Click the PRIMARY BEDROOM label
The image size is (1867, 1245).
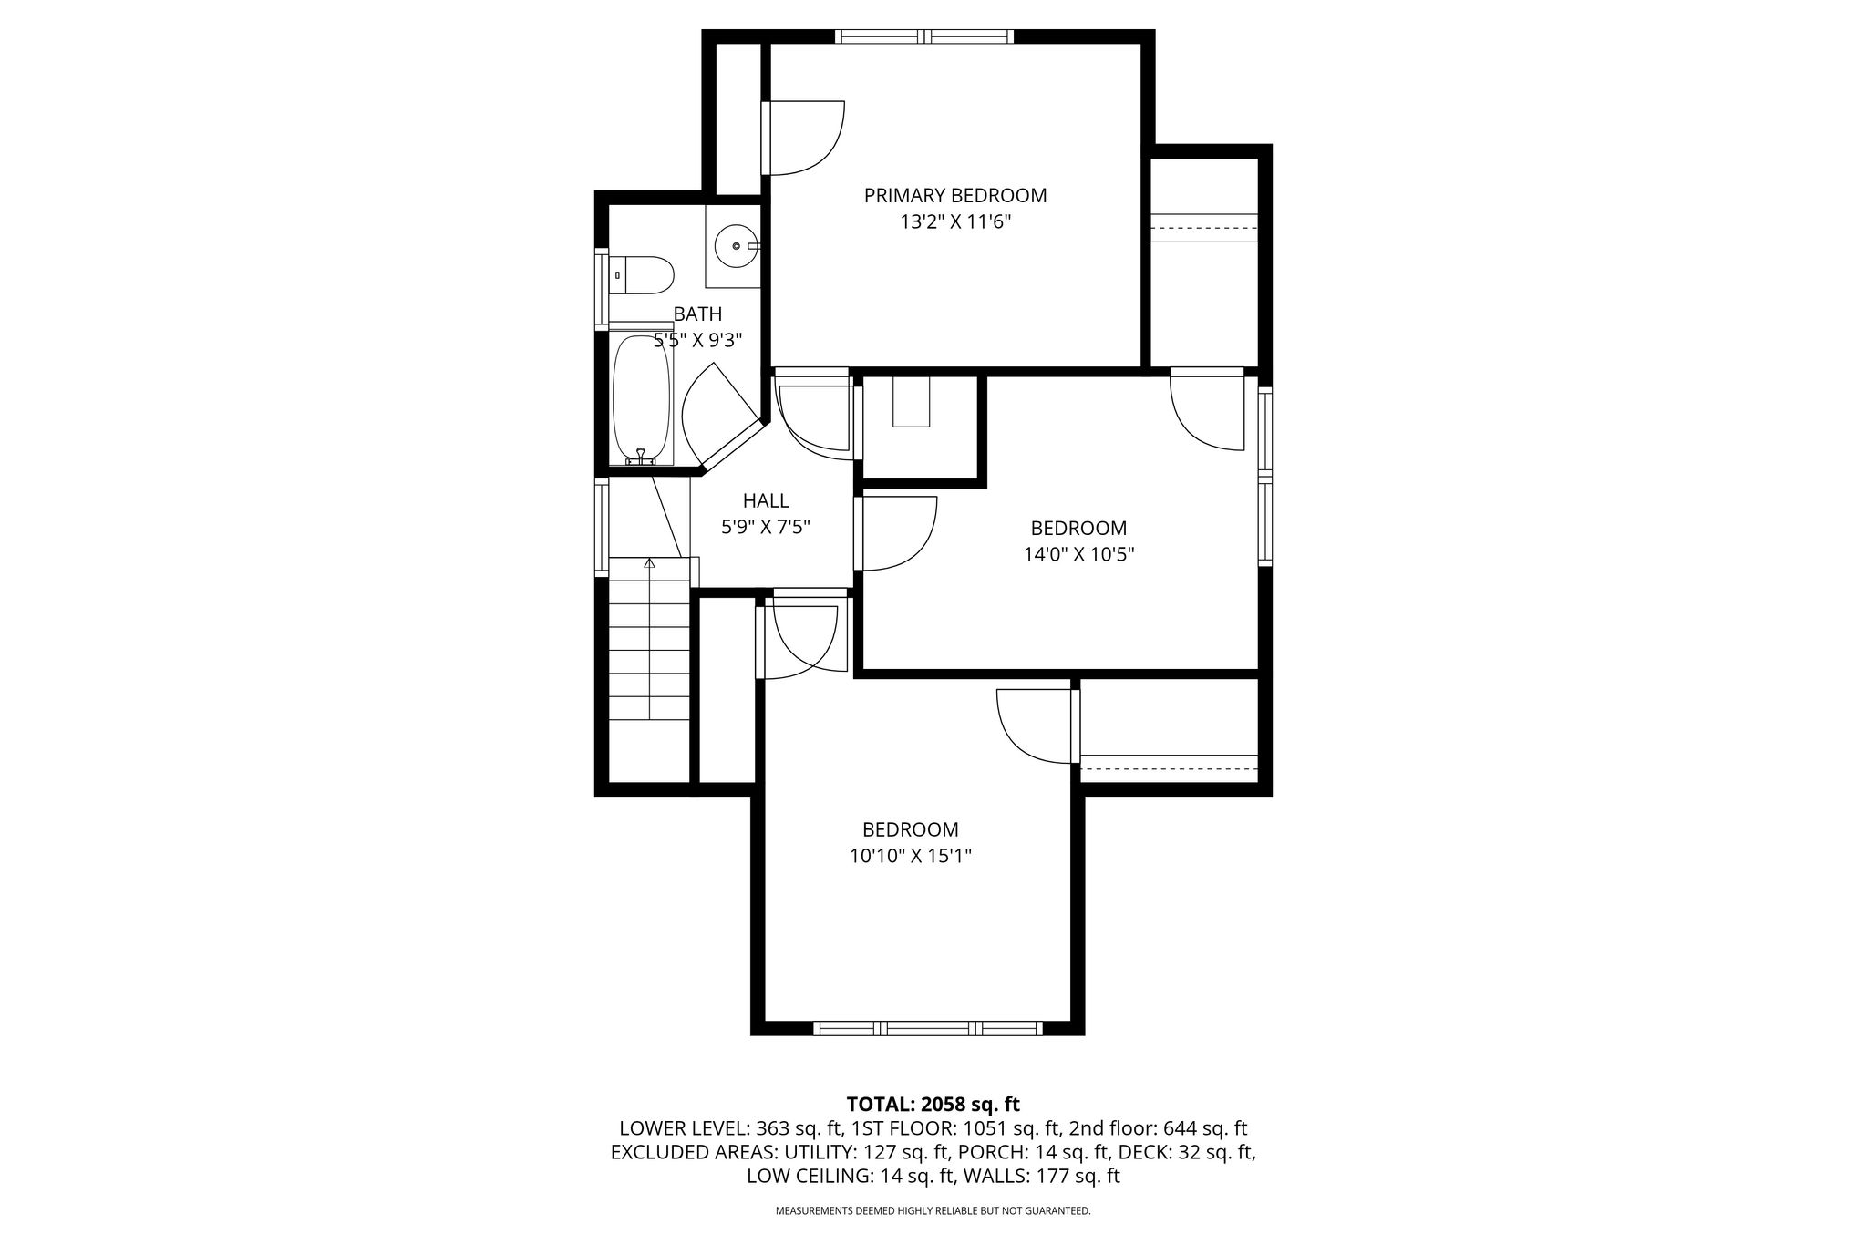(x=955, y=195)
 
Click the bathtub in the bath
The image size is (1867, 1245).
(x=642, y=400)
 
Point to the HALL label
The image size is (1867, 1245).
(x=766, y=500)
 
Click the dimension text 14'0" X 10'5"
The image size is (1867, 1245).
(x=1078, y=554)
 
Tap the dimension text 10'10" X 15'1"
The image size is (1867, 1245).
(x=911, y=856)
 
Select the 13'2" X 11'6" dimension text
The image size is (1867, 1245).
(x=955, y=221)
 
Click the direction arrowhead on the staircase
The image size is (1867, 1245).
(x=649, y=563)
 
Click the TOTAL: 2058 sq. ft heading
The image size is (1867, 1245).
(x=933, y=1105)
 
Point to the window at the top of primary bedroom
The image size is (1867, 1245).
(x=924, y=36)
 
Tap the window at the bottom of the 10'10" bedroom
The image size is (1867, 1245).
(x=927, y=1028)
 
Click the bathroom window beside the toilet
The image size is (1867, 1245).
(x=602, y=288)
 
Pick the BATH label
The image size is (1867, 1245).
(x=697, y=314)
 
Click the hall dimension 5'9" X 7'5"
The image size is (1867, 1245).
(x=766, y=527)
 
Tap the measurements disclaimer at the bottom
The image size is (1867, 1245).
(x=933, y=1211)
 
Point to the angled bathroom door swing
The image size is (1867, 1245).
(x=720, y=415)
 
